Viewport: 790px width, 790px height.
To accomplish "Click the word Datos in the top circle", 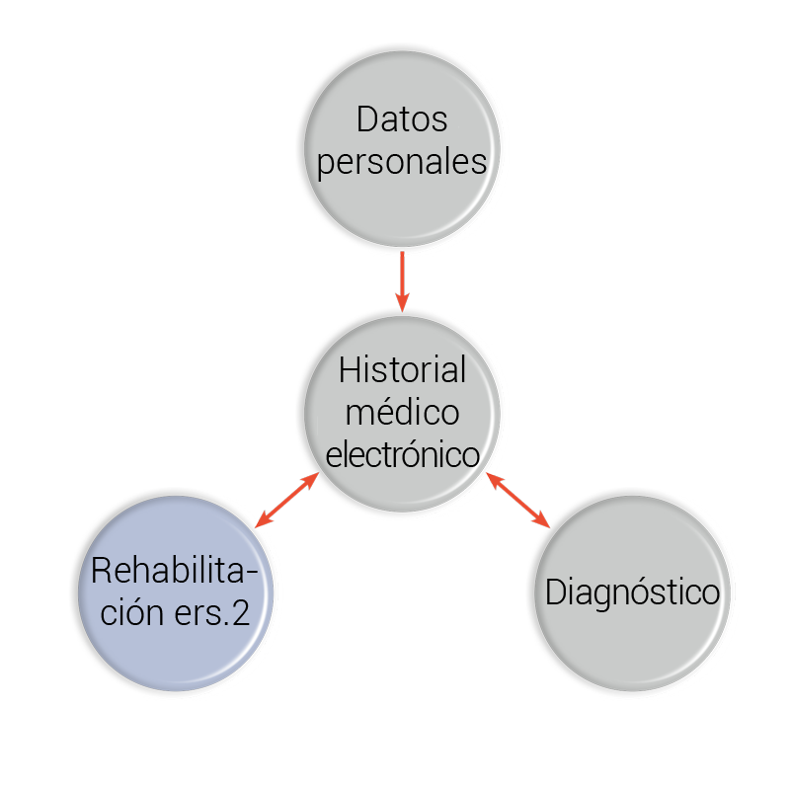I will [x=402, y=119].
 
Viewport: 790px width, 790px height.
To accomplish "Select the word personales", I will [x=402, y=161].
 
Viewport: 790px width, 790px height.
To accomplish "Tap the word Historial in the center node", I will [x=402, y=371].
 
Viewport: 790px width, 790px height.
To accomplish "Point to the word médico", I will [x=402, y=413].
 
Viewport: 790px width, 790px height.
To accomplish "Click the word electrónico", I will [x=402, y=455].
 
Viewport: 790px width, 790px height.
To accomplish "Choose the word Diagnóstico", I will [x=632, y=592].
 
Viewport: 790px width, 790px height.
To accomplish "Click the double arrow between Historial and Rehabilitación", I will [x=286, y=500].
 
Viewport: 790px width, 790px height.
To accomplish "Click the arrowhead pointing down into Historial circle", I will [x=402, y=301].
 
